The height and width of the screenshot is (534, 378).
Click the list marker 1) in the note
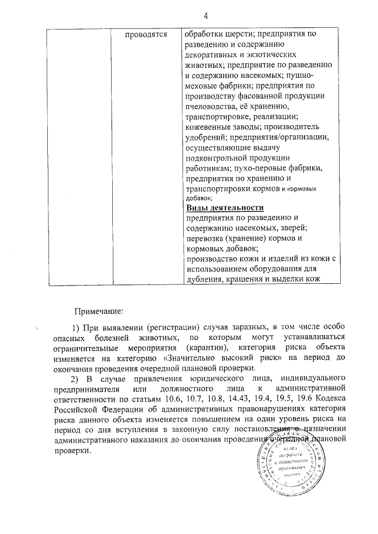(x=75, y=326)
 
